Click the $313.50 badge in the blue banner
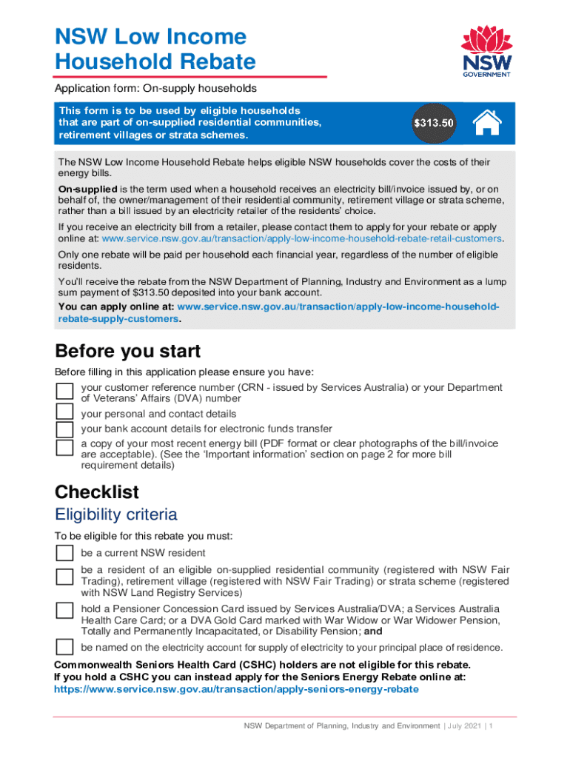coord(433,123)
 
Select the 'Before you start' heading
coord(127,350)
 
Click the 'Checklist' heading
coord(97,492)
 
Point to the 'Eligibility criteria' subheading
coord(116,514)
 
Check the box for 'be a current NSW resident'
coord(65,553)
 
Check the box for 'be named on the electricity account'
coord(65,647)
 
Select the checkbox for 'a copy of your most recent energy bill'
coord(65,448)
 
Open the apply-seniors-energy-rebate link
coord(236,688)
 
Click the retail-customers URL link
coord(302,239)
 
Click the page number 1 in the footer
coord(491,726)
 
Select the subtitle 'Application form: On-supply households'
coord(155,88)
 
